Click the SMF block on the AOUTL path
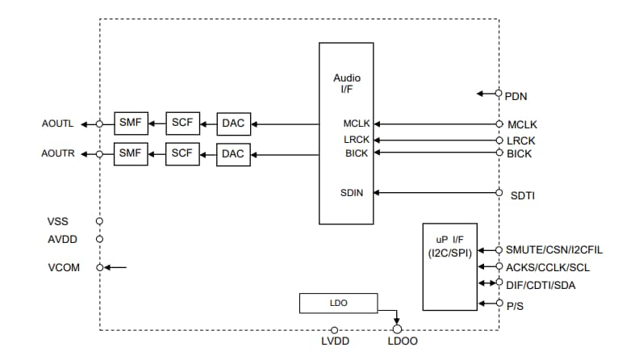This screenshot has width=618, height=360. pyautogui.click(x=131, y=123)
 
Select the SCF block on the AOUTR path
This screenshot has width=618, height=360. pyautogui.click(x=182, y=153)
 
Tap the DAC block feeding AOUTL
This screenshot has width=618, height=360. pyautogui.click(x=232, y=123)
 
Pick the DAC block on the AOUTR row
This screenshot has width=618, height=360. pyautogui.click(x=232, y=153)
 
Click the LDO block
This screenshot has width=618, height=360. pyautogui.click(x=338, y=303)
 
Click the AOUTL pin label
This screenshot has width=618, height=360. pyautogui.click(x=57, y=124)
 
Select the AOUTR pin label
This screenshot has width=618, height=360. pyautogui.click(x=57, y=153)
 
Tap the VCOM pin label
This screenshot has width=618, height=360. pyautogui.click(x=64, y=267)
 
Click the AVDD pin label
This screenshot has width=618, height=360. pyautogui.click(x=63, y=239)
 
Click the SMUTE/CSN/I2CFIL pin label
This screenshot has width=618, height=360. pyautogui.click(x=554, y=250)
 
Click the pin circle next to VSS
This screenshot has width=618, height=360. pyautogui.click(x=99, y=220)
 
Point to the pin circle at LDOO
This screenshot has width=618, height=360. pyautogui.click(x=396, y=329)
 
